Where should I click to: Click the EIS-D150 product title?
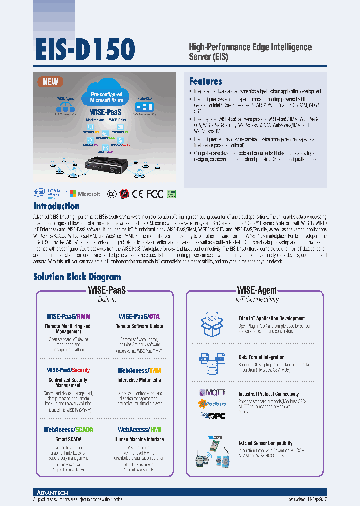84,50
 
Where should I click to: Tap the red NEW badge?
50,82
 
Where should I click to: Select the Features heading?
205,81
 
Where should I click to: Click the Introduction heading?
56,206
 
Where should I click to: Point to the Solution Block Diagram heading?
77,277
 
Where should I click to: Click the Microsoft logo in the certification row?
85,194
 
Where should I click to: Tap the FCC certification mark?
154,194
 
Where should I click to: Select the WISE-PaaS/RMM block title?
68,316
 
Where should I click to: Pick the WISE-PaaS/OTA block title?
139,316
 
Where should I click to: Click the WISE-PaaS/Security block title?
68,370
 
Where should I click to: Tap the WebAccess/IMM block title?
139,371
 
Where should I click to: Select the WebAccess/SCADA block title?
68,429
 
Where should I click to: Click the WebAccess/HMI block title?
139,429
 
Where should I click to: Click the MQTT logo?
212,393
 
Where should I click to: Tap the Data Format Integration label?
261,357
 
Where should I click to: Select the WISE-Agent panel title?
256,290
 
